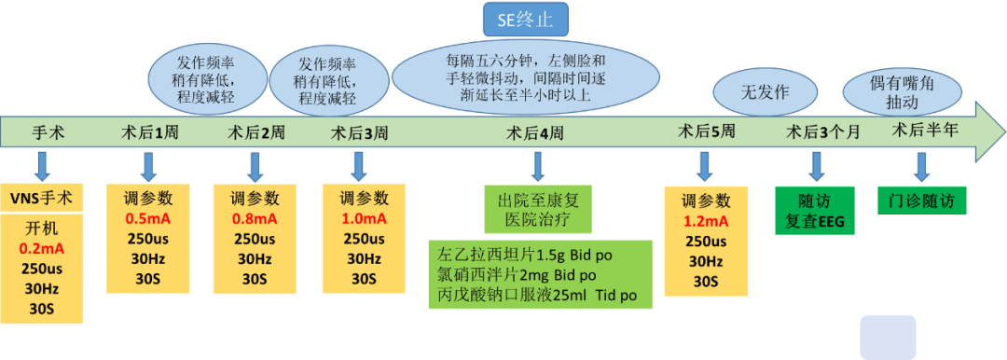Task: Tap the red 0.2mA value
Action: click(40, 250)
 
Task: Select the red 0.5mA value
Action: click(148, 218)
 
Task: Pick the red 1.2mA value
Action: click(706, 221)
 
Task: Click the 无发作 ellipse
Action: click(765, 92)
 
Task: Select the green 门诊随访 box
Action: click(921, 201)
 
